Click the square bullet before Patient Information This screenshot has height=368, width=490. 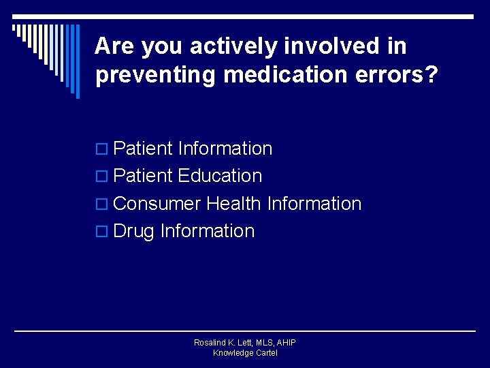click(x=102, y=149)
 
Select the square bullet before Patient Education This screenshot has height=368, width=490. click(x=102, y=177)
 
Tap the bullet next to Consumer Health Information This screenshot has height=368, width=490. click(x=102, y=204)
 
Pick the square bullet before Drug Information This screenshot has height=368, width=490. click(x=102, y=232)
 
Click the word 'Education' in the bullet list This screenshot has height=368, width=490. click(x=220, y=176)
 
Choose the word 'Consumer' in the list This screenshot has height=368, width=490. click(x=157, y=203)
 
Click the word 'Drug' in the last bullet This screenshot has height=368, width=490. click(x=134, y=231)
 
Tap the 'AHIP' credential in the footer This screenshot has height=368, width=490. click(x=285, y=343)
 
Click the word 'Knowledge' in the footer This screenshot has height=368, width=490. click(x=232, y=353)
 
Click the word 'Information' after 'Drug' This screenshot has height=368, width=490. click(x=208, y=231)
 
